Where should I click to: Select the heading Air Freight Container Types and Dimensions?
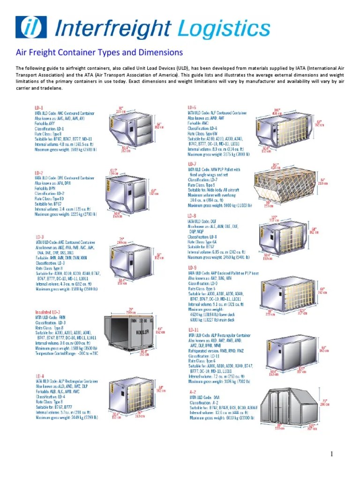pyautogui.click(x=99, y=52)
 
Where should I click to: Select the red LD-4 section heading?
pyautogui.click(x=40, y=376)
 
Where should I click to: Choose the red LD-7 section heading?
pyautogui.click(x=193, y=164)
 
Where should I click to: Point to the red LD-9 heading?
pyautogui.click(x=193, y=267)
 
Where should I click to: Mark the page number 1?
pyautogui.click(x=331, y=454)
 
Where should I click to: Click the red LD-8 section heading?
pyautogui.click(x=193, y=216)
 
